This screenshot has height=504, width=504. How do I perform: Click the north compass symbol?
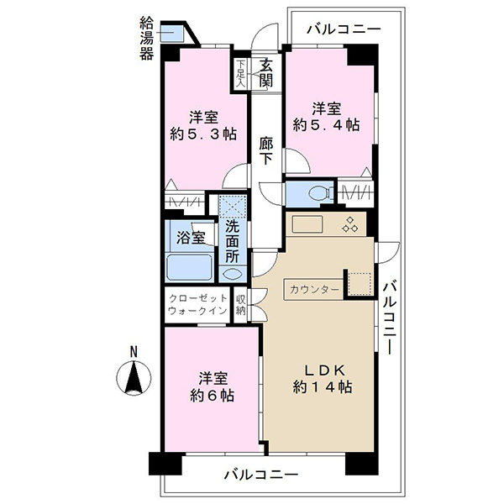pos(134,378)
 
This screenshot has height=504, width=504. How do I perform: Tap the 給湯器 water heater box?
pos(172,33)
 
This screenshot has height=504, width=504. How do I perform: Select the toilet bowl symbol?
pos(322,194)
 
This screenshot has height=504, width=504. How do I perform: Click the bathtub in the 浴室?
pos(189,267)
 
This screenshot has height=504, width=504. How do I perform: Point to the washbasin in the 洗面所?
pos(233,274)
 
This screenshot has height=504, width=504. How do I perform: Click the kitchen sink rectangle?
pos(307,224)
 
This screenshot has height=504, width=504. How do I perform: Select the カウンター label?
pos(314,290)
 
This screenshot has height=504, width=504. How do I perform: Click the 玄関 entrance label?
pos(266,73)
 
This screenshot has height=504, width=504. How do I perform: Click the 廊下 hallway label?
pos(266,150)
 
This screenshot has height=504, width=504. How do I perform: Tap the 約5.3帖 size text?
pos(203,134)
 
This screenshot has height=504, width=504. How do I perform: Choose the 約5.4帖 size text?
pos(326,124)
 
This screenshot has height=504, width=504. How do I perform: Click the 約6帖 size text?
pos(213,396)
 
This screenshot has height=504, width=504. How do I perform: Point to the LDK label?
pos(324,370)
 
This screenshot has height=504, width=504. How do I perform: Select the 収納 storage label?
pos(241,306)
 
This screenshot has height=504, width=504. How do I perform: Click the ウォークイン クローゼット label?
pos(197,304)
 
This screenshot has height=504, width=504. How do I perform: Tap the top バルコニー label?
pos(344,29)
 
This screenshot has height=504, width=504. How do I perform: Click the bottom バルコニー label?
pos(260,475)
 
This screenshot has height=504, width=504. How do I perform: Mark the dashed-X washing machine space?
pos(233,206)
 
